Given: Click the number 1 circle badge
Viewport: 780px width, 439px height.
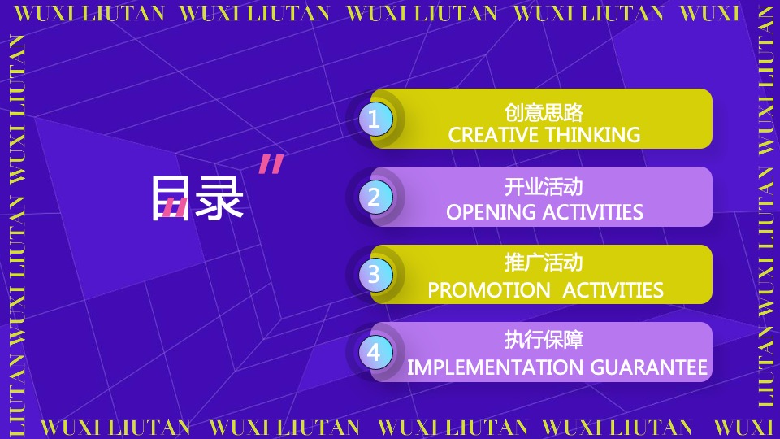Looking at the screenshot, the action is click(x=375, y=120).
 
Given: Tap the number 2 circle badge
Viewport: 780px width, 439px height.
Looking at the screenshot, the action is click(x=375, y=197).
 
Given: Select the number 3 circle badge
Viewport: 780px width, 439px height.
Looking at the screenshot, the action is click(x=375, y=275).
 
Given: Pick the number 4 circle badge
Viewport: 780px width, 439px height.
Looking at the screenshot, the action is click(x=375, y=352).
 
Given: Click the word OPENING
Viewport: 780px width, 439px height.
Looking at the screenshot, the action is click(x=490, y=212).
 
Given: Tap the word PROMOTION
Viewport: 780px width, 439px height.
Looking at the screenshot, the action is click(x=488, y=290).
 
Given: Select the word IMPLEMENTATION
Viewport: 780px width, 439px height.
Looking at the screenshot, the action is click(x=496, y=367).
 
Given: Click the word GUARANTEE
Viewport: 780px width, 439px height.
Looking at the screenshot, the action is click(x=648, y=367).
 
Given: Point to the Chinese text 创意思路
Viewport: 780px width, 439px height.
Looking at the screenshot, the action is click(x=544, y=112).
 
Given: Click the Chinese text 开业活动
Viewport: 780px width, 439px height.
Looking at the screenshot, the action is click(x=544, y=187).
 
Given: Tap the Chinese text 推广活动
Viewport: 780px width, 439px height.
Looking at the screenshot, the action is click(x=544, y=263).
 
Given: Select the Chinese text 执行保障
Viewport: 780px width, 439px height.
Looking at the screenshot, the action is click(x=544, y=340).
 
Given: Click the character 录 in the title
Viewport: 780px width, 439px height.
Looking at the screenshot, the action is click(x=219, y=198).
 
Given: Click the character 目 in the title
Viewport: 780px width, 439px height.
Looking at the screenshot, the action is click(x=170, y=198).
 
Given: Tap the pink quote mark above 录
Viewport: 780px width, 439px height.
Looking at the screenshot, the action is click(x=271, y=164).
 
